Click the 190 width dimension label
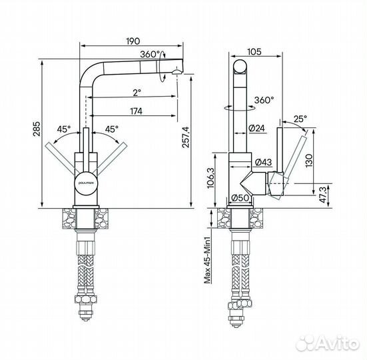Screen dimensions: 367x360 [133, 41]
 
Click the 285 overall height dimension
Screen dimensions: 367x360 [37, 129]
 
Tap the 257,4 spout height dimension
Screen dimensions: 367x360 [186, 137]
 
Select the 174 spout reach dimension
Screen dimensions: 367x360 [136, 111]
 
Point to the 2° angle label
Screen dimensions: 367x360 [137, 93]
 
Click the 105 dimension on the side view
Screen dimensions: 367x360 [254, 52]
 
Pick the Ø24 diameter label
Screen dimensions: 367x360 [257, 128]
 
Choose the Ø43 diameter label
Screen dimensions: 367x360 [263, 162]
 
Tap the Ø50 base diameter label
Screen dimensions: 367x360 [240, 198]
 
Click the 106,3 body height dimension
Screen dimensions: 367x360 [210, 178]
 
